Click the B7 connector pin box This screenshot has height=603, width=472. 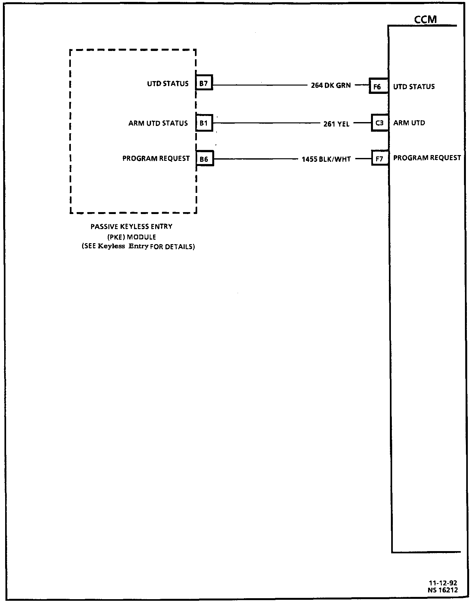click(x=204, y=84)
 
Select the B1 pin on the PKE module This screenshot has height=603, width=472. click(x=204, y=123)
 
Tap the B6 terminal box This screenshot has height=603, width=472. click(x=204, y=159)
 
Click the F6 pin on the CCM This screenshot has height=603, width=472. click(x=378, y=87)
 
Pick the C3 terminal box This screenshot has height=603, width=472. click(x=380, y=123)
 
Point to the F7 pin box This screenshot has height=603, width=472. click(x=380, y=159)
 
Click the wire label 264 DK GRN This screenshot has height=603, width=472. click(x=331, y=86)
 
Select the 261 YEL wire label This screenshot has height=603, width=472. click(x=336, y=124)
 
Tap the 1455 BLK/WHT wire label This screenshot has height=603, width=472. click(x=326, y=159)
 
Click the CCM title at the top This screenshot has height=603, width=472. click(x=426, y=20)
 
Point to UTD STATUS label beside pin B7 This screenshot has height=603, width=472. click(x=168, y=84)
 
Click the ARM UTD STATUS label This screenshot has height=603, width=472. click(x=158, y=123)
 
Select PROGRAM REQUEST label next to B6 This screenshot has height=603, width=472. click(x=156, y=159)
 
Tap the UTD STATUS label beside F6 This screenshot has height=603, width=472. click(x=414, y=87)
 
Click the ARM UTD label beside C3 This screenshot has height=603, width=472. click(x=409, y=123)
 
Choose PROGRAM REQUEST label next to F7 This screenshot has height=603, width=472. click(x=427, y=158)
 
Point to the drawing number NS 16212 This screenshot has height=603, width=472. click(x=442, y=590)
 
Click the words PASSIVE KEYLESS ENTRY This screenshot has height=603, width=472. click(x=131, y=227)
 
